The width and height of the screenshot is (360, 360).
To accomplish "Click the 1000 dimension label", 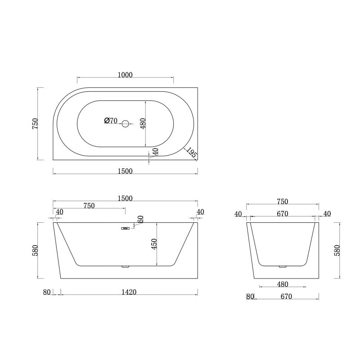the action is pyautogui.click(x=125, y=75).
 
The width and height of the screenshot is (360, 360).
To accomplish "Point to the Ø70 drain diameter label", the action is pyautogui.click(x=111, y=121).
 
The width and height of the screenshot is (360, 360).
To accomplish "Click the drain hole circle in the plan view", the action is pyautogui.click(x=126, y=124).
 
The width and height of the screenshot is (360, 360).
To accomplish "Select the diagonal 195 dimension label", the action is pyautogui.click(x=191, y=152).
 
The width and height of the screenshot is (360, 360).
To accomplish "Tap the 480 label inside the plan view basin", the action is pyautogui.click(x=143, y=124).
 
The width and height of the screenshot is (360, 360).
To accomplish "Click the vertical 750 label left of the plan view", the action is pyautogui.click(x=35, y=123).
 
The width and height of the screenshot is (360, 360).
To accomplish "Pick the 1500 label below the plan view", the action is pyautogui.click(x=125, y=171).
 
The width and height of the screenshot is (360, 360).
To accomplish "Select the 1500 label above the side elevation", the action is pyautogui.click(x=125, y=198).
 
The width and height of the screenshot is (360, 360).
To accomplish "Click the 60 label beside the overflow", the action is pyautogui.click(x=140, y=219).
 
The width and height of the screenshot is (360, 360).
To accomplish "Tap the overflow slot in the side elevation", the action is pyautogui.click(x=126, y=228).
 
